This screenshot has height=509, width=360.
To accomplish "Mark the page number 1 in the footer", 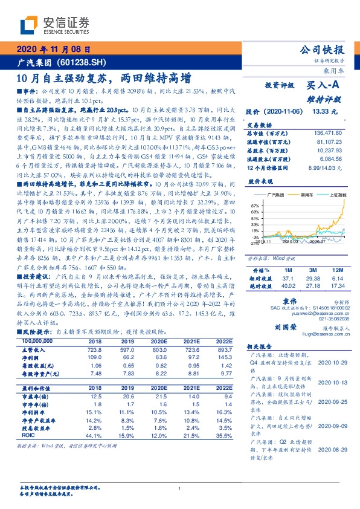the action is pyautogui.click(x=180, y=489).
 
